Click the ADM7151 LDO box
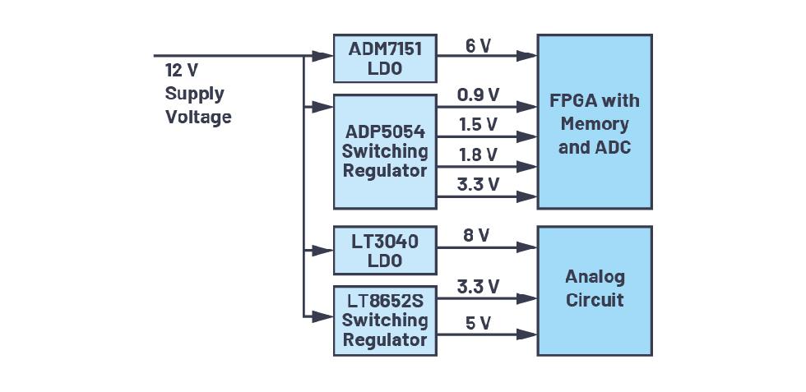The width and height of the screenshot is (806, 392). coord(385,58)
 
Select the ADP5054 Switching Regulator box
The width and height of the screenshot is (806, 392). coord(385,151)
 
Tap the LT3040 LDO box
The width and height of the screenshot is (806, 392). coord(385,251)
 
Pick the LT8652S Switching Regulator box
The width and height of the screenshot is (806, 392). coord(385,321)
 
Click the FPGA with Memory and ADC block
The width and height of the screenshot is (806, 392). coord(595,121)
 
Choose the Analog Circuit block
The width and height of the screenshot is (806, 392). coord(595,290)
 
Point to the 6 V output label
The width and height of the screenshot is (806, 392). coord(478,46)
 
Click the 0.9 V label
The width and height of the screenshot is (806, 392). coord(478,95)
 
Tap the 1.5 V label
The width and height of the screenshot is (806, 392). coord(478,125)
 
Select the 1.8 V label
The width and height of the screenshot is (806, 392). coord(478,154)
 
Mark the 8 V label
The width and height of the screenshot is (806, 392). coord(476,236)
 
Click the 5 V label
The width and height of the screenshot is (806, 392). coord(478,323)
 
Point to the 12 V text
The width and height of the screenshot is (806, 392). coord(182,71)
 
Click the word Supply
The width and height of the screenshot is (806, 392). coord(194,94)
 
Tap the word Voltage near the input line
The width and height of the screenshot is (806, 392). coord(198,117)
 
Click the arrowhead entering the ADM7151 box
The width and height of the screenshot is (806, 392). coord(327,56)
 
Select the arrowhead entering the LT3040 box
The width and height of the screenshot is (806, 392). coord(327,250)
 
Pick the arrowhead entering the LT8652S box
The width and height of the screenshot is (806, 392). coord(327,316)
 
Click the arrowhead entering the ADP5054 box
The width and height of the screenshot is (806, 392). coord(327,106)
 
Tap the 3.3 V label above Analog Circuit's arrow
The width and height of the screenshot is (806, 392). coord(478,287)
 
